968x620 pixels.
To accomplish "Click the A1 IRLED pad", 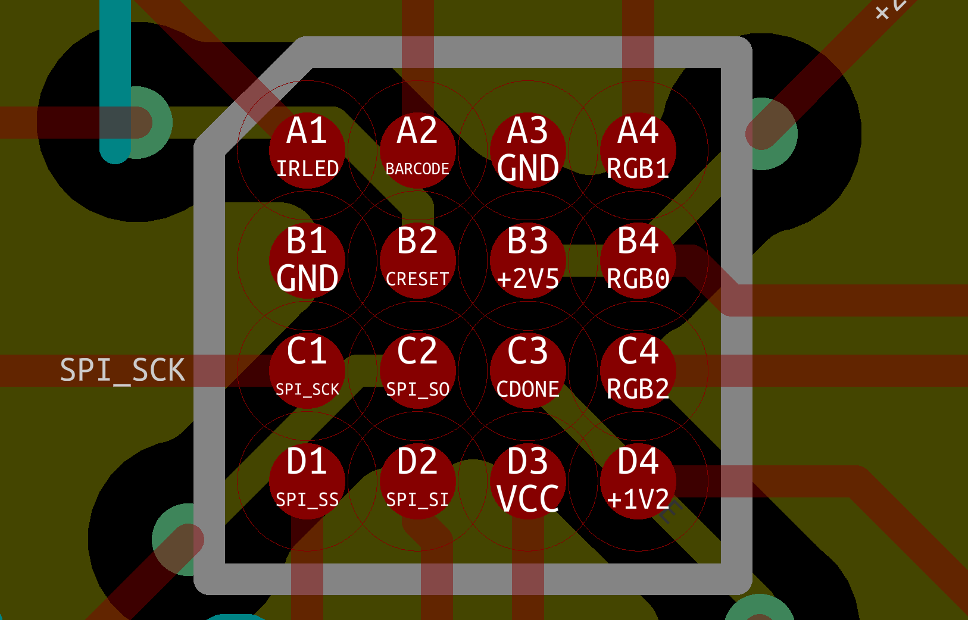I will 307,150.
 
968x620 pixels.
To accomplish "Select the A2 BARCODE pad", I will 417,150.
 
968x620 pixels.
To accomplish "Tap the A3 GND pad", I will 528,150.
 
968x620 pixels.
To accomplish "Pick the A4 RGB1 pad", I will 638,150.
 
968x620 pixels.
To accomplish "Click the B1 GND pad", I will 307,260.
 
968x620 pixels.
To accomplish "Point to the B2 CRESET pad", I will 417,260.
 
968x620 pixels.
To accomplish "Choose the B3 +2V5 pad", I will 528,260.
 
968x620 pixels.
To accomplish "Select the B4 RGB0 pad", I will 638,260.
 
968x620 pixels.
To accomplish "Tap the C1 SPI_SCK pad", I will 307,370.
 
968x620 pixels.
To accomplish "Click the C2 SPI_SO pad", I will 417,370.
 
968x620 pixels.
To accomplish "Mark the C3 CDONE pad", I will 528,370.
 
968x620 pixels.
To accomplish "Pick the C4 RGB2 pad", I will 638,370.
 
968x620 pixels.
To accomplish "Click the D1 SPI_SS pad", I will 307,481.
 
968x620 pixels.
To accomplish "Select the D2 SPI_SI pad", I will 417,481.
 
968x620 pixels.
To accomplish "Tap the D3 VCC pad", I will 528,481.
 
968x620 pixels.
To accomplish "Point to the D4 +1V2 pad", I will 638,481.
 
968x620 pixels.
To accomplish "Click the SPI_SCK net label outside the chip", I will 122,370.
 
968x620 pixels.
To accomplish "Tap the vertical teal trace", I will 115,60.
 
